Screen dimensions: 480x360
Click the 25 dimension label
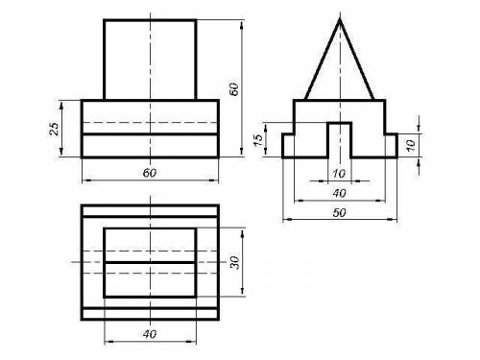(55, 129)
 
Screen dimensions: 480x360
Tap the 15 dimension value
(258, 140)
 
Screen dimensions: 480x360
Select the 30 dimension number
(235, 263)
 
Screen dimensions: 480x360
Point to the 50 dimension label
(339, 212)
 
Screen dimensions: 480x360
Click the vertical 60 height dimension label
(234, 89)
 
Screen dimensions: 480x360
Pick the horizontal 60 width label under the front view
(150, 173)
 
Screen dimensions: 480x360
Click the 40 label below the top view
(150, 334)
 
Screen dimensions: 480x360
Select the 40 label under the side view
(339, 193)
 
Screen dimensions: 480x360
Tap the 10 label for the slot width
(339, 174)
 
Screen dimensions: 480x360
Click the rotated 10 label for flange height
(411, 145)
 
